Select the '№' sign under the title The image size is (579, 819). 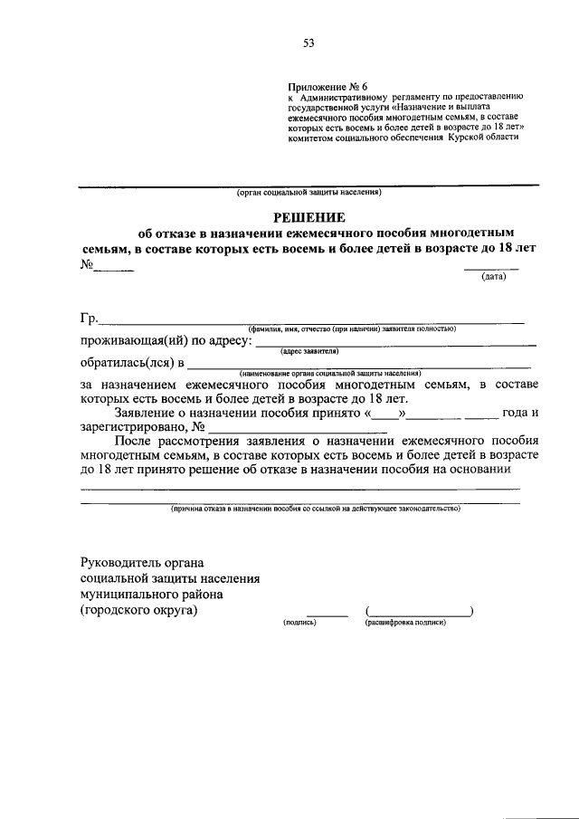pyautogui.click(x=89, y=265)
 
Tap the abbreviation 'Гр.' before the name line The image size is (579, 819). pyautogui.click(x=89, y=317)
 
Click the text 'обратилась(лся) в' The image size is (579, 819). pyautogui.click(x=131, y=363)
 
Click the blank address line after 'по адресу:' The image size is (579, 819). pyautogui.click(x=395, y=344)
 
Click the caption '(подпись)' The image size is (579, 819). pyautogui.click(x=299, y=623)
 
